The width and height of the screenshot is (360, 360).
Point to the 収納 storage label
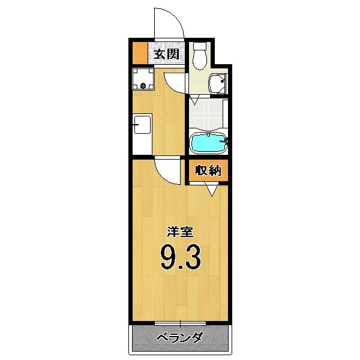208,170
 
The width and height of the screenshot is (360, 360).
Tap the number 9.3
179,257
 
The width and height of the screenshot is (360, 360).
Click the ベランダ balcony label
179,338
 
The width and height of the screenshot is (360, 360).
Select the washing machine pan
144,79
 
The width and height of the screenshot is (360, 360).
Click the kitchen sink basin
141,125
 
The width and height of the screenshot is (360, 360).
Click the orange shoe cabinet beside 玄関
139,54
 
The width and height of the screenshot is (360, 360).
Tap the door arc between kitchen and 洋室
168,171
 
